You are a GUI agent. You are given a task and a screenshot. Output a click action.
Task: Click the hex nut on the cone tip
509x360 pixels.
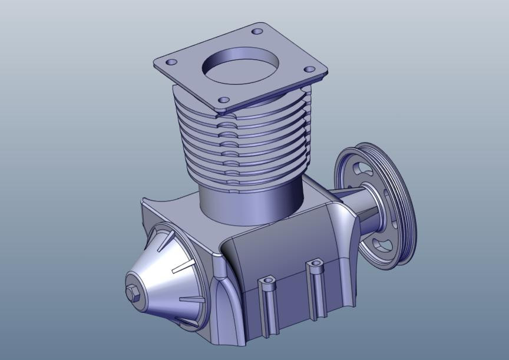[x=132, y=293]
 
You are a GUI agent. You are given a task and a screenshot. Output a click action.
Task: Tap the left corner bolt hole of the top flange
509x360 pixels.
[x=171, y=62]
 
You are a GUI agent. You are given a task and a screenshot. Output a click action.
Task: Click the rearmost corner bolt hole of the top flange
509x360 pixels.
[x=257, y=31]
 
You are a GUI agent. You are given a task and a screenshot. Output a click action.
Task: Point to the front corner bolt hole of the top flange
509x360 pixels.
[x=223, y=101]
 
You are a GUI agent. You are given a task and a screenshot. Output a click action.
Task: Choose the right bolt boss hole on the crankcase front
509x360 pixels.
[x=316, y=262]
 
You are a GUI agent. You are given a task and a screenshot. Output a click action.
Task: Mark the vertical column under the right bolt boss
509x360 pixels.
[x=316, y=295]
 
